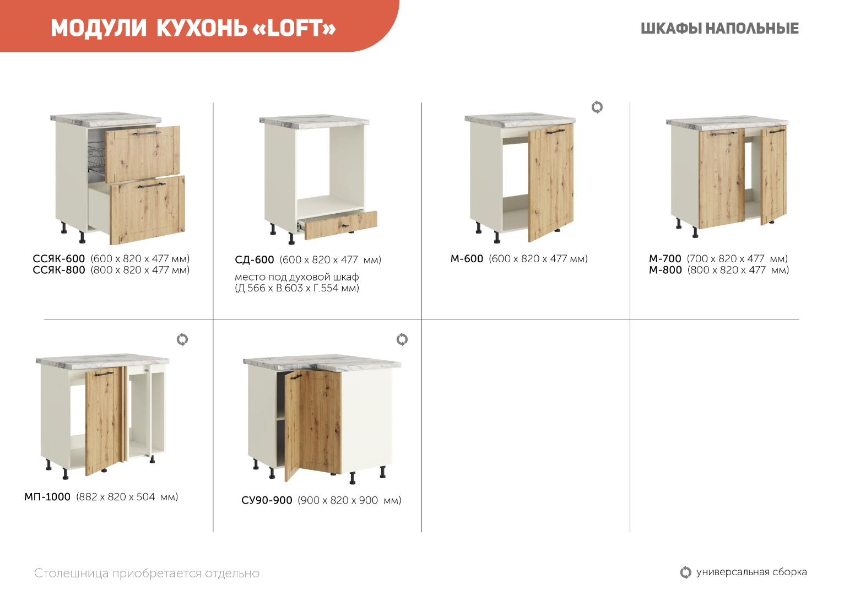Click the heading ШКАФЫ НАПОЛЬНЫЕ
[719, 29]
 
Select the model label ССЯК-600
[59, 259]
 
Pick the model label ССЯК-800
[59, 270]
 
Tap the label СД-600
[255, 260]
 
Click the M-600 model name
[467, 259]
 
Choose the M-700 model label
[665, 259]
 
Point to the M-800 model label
[666, 270]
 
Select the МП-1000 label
[47, 497]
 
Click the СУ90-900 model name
[267, 500]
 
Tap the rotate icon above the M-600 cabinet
[597, 107]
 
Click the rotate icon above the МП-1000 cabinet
[182, 339]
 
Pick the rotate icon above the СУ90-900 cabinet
[402, 339]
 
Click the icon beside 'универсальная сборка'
[685, 572]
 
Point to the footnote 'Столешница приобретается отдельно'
[147, 574]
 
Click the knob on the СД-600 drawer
[344, 226]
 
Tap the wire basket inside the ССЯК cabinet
[97, 157]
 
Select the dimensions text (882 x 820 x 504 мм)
[127, 497]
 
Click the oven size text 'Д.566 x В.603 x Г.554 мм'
[297, 288]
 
